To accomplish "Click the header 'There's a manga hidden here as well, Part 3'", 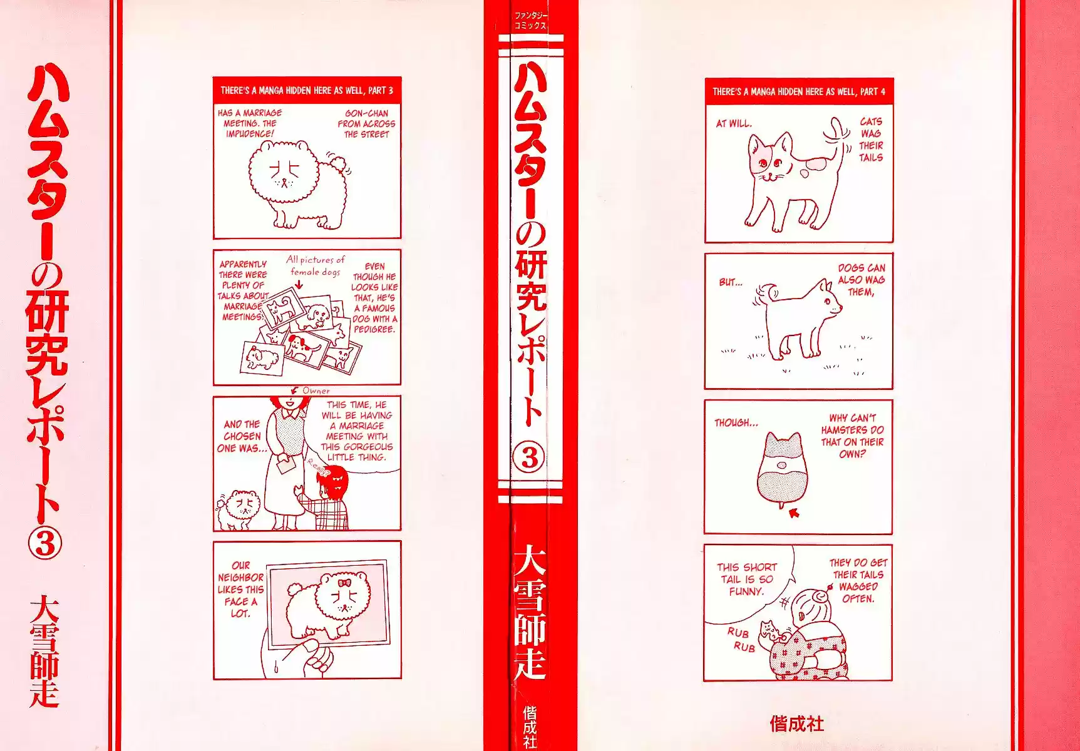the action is (307, 90).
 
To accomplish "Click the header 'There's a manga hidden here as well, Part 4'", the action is (799, 91).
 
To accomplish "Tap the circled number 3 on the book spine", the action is (529, 458).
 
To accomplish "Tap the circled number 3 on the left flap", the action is (44, 544).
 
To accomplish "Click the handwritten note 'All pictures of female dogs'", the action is (316, 265).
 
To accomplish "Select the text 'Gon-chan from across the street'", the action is (367, 124).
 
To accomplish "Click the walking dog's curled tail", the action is (768, 292).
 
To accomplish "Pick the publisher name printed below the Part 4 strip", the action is (796, 724).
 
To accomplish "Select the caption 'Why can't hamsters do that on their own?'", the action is (852, 436).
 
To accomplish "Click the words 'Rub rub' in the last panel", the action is (741, 640).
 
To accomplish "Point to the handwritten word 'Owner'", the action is (316, 391).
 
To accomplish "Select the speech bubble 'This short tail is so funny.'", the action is (746, 579).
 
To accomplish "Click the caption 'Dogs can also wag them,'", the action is (861, 280).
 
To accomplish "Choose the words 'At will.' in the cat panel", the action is (734, 123).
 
